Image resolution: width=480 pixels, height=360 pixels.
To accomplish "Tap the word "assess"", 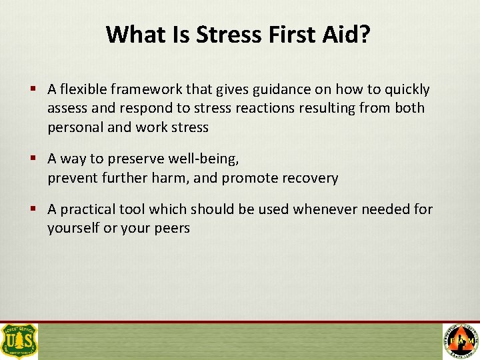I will point(66,108).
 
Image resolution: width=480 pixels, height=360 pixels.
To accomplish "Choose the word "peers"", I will point(171,228).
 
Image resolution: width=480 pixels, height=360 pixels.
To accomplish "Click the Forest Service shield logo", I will point(19,341).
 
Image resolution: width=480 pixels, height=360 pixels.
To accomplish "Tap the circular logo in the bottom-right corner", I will point(461,341).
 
